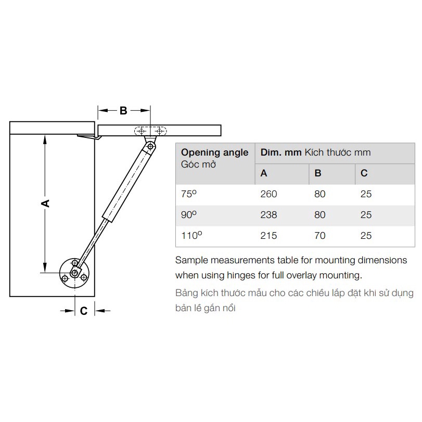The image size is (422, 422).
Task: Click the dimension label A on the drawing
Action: (46, 203)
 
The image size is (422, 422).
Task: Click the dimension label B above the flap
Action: (123, 110)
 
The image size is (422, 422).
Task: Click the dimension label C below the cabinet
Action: (83, 311)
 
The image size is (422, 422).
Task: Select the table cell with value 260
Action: (268, 194)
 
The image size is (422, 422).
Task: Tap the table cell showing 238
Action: (268, 215)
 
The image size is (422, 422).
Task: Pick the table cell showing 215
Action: (268, 236)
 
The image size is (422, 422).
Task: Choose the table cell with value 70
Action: (319, 236)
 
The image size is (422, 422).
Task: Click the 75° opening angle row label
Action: (188, 194)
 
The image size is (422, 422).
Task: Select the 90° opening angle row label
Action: (188, 215)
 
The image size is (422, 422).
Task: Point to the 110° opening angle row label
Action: (190, 236)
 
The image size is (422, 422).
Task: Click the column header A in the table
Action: (264, 173)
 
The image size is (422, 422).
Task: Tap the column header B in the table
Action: (318, 173)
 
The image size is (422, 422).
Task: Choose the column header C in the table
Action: (364, 173)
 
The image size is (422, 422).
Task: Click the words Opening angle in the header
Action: (214, 152)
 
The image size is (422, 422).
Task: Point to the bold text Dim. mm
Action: (281, 152)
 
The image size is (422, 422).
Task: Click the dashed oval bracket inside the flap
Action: (150, 132)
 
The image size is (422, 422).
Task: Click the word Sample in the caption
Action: (192, 259)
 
